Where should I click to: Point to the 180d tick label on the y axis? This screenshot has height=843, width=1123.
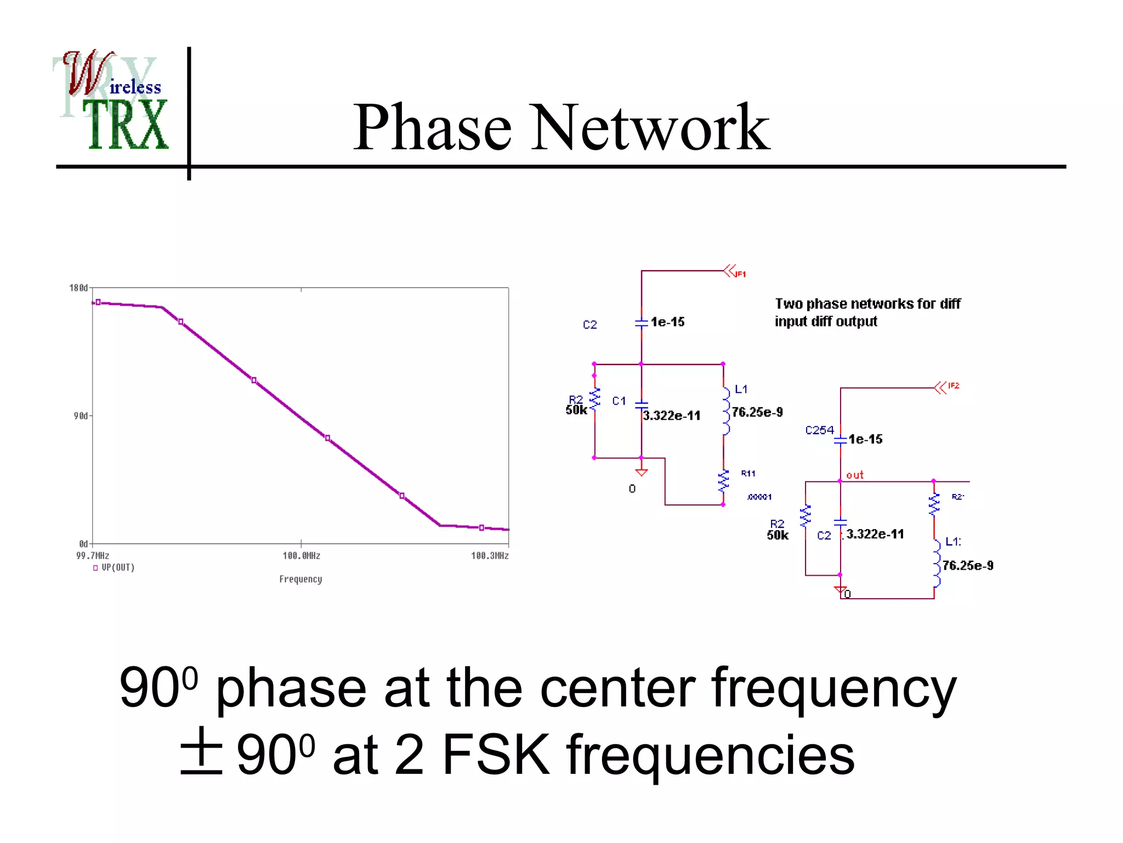(x=78, y=288)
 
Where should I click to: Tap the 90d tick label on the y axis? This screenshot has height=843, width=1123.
(x=81, y=416)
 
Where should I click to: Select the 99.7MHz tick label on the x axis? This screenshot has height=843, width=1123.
(x=93, y=556)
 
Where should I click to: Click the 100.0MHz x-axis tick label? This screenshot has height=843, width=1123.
(x=301, y=556)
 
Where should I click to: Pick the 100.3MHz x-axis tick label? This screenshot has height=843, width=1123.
(x=490, y=556)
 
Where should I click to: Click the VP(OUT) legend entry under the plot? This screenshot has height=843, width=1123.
(x=117, y=567)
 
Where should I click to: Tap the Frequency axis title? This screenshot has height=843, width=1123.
(x=300, y=580)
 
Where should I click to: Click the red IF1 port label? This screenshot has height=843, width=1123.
(x=740, y=274)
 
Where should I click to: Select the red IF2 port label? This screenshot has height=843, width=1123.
(x=954, y=386)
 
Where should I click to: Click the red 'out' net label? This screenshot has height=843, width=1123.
(x=855, y=475)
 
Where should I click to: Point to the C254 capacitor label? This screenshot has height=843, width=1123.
(x=819, y=430)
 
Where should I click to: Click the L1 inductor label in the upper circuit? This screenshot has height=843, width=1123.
(x=741, y=390)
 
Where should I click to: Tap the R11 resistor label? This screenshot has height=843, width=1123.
(x=748, y=474)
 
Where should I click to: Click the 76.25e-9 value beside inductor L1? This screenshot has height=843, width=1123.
(x=968, y=566)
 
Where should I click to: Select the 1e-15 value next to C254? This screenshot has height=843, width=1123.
(x=865, y=440)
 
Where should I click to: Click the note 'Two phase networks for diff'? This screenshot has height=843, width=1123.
(x=867, y=304)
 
